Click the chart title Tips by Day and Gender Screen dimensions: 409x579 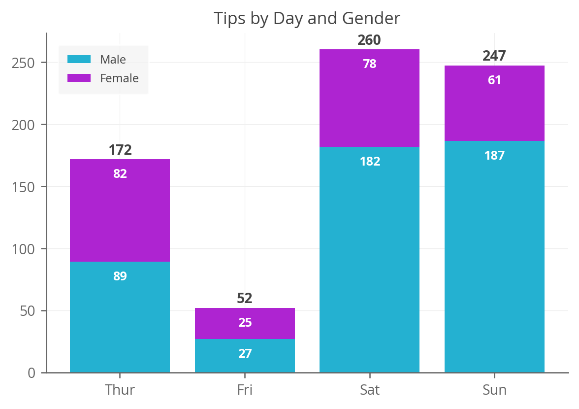(307, 19)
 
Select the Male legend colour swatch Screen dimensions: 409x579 (79, 60)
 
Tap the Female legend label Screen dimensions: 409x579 (119, 78)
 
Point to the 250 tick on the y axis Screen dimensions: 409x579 (23, 63)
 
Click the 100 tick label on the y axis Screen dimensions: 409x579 (23, 249)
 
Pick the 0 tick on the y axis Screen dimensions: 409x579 (31, 373)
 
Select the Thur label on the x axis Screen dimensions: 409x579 (120, 390)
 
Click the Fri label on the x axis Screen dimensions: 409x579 (245, 390)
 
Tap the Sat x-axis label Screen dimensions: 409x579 (369, 390)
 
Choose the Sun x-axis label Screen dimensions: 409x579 (494, 390)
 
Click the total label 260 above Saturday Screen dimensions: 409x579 (369, 40)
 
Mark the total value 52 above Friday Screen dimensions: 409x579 (245, 299)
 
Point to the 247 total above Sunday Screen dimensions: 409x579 (494, 56)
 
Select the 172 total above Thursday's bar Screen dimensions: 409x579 (120, 150)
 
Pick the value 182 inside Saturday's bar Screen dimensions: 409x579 (370, 162)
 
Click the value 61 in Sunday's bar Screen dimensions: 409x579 (494, 80)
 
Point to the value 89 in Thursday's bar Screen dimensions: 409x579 (120, 276)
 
